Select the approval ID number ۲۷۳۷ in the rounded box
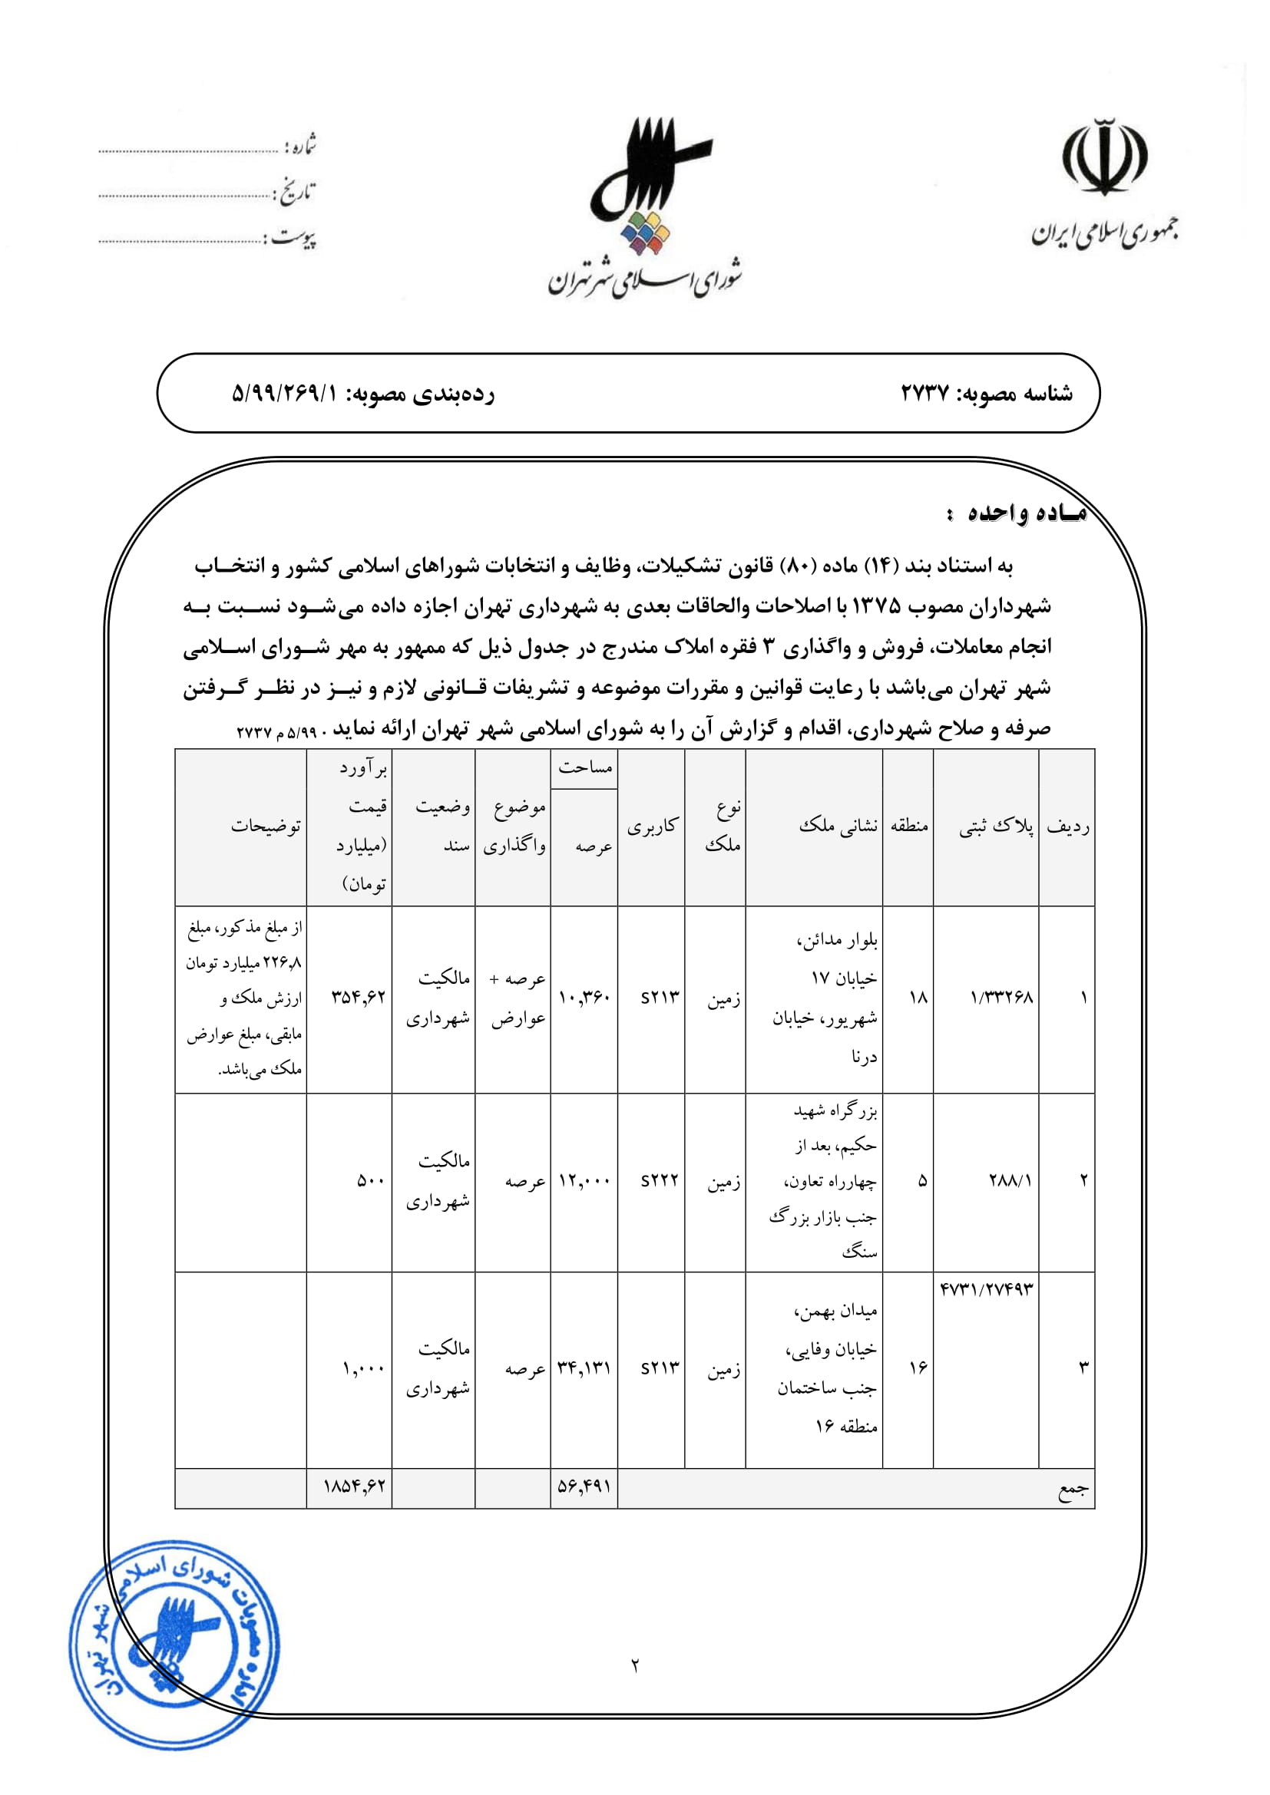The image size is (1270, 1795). (924, 392)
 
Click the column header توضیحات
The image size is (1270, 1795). (265, 826)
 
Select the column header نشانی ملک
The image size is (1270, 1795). (838, 826)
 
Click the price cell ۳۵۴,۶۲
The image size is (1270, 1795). (358, 997)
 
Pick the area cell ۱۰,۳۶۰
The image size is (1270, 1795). (584, 998)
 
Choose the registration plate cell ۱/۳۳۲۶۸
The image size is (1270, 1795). (1001, 998)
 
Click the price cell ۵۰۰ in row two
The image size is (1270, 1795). (370, 1180)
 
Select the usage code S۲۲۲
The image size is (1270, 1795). (660, 1180)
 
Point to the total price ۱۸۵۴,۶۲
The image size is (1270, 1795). (354, 1486)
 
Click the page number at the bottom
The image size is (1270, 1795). (635, 1666)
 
